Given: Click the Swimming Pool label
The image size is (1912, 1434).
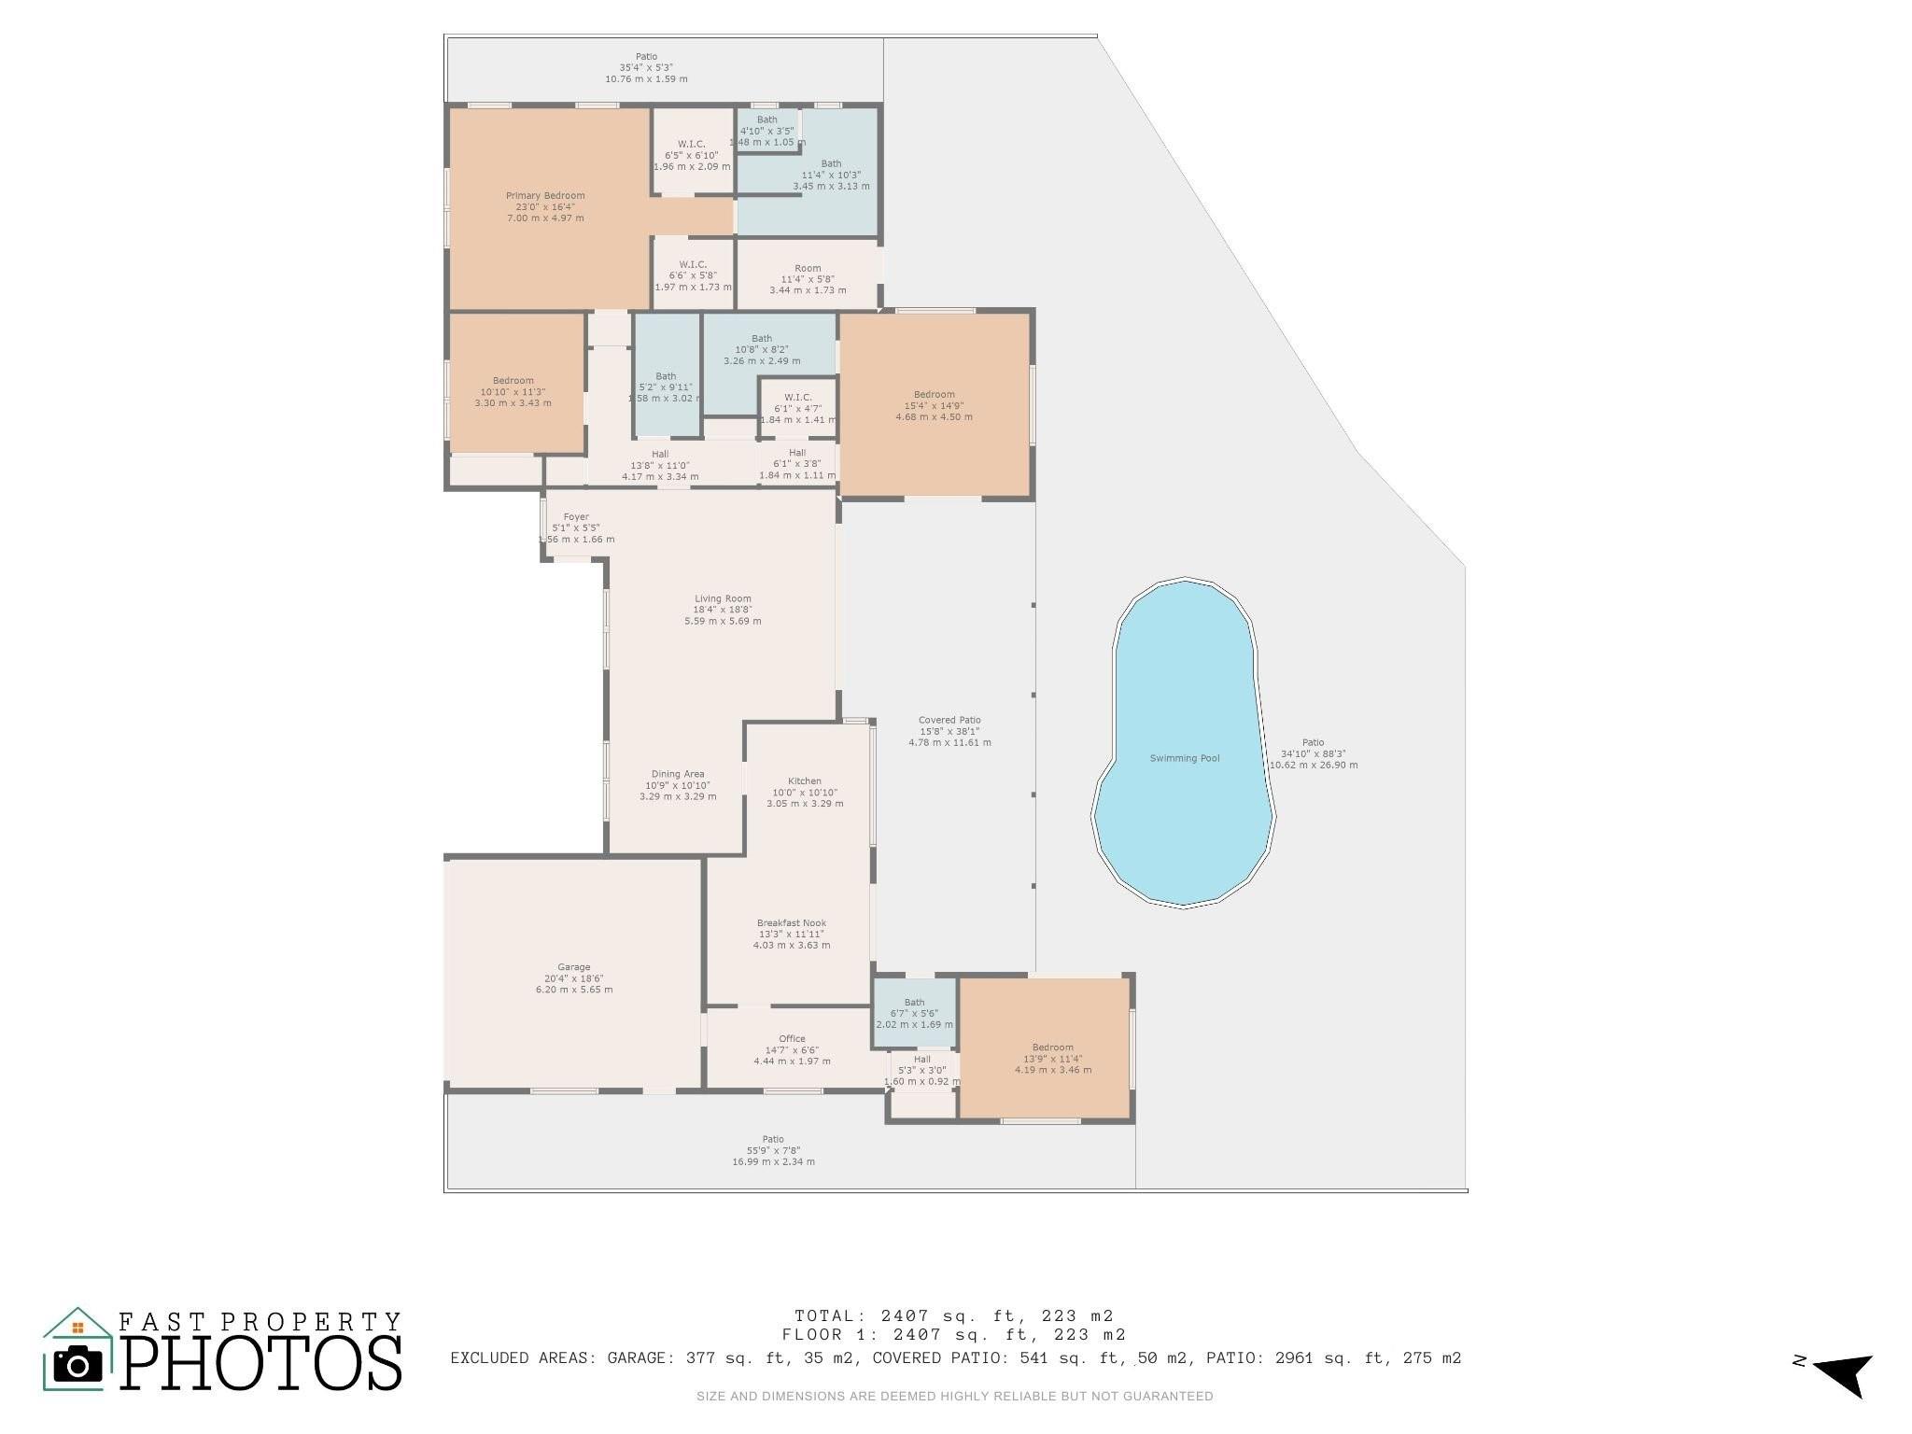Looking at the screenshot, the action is [1185, 758].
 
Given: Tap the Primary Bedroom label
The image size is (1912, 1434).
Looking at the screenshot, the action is [545, 196].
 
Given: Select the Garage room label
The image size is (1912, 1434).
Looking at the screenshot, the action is [574, 967].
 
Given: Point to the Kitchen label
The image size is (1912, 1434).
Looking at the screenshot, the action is [805, 781].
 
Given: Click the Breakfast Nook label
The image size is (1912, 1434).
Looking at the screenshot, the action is [792, 923].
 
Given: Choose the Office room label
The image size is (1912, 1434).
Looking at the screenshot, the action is [792, 1039].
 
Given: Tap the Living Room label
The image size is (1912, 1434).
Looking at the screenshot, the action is [723, 599].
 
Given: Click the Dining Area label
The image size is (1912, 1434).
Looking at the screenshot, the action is [678, 774].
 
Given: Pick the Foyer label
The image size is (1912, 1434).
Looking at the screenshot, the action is [576, 517].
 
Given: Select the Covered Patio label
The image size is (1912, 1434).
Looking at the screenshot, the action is [949, 721].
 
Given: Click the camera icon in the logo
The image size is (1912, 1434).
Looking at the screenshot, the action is [77, 1365].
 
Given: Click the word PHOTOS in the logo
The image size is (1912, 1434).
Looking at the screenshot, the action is [261, 1364].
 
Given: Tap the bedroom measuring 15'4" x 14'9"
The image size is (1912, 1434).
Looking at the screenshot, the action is [934, 405].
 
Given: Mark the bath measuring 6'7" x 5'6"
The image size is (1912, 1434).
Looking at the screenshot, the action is [915, 1013].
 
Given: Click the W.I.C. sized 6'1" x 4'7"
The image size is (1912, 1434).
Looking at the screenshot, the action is [798, 408].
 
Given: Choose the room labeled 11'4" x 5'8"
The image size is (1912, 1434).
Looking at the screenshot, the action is [808, 279].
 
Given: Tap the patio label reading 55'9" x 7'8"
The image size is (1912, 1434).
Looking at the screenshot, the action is [773, 1150].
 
